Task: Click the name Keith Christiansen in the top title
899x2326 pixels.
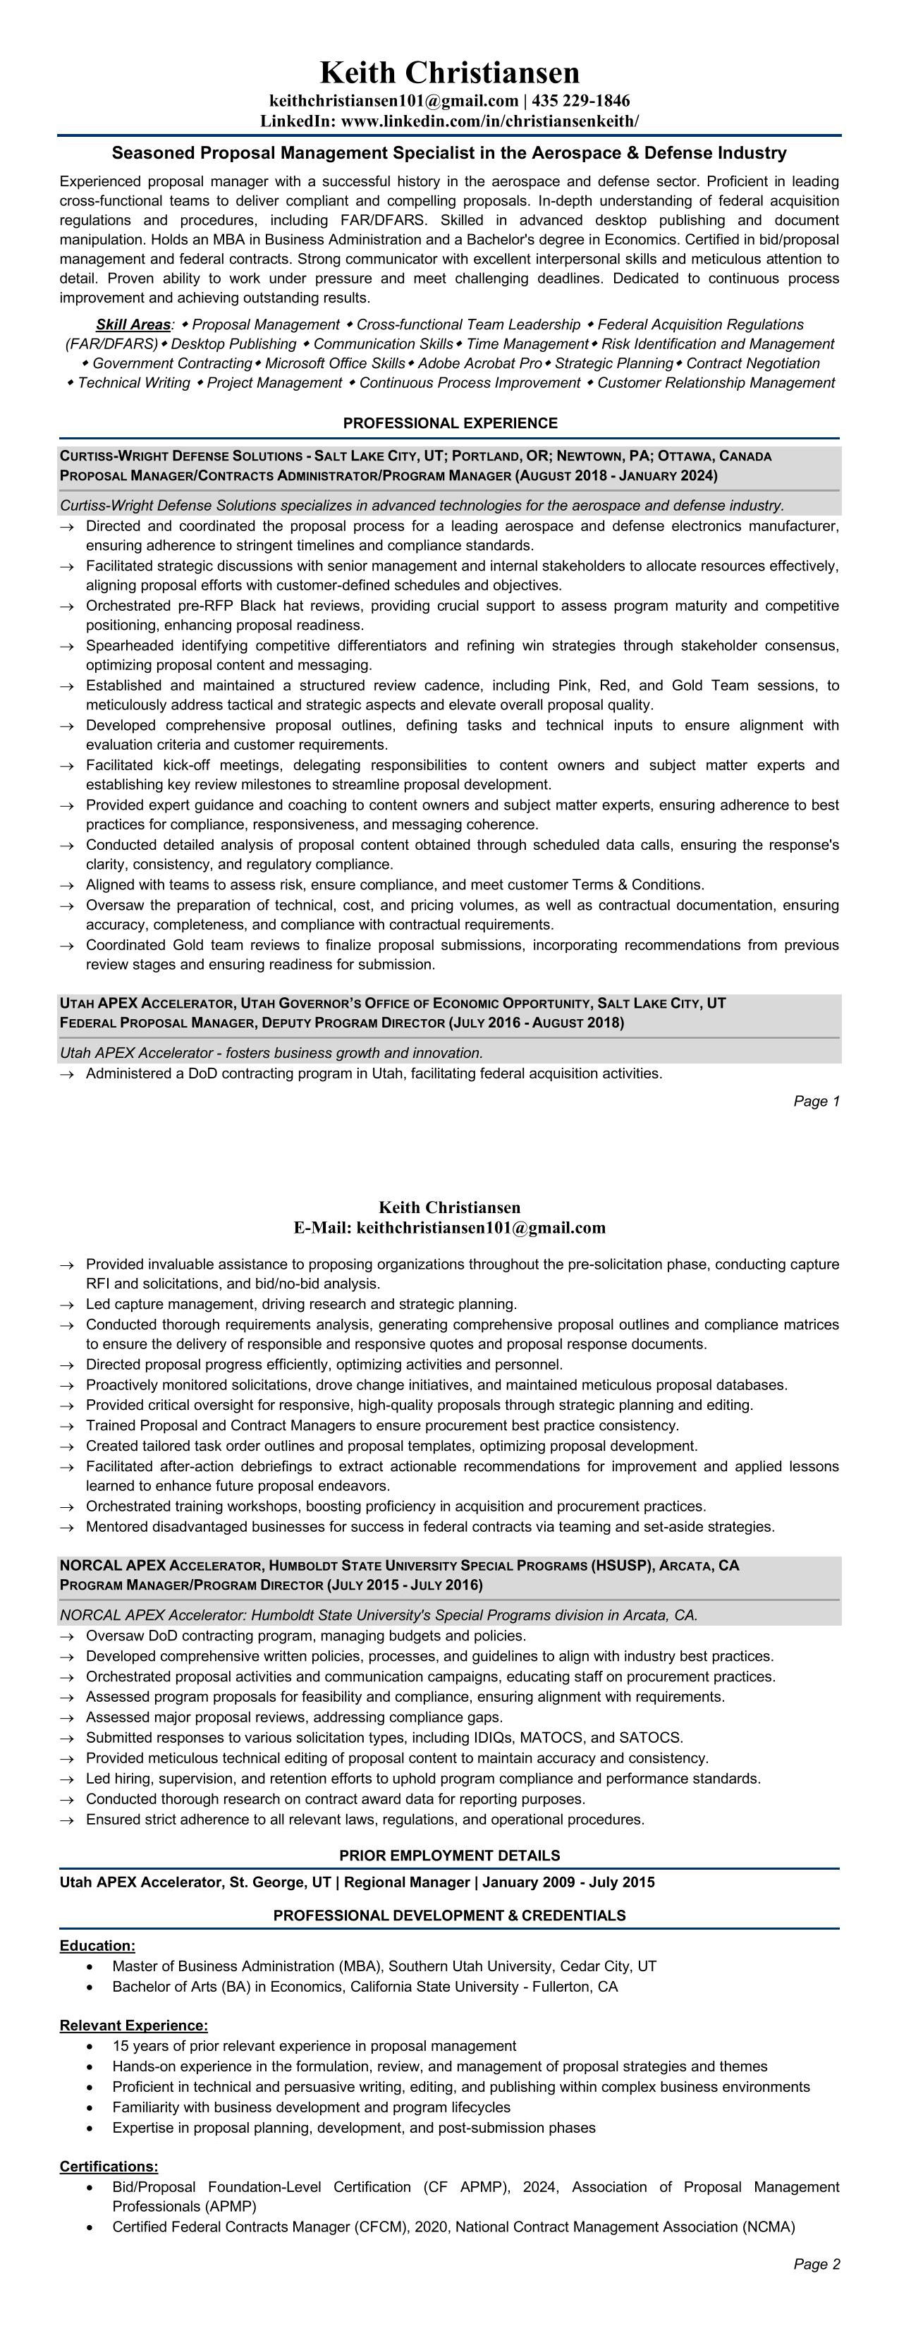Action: [x=450, y=72]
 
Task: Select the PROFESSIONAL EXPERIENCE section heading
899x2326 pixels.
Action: [x=450, y=422]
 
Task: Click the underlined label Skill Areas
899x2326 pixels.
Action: [x=133, y=324]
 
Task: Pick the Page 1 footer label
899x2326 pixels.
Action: [x=816, y=1101]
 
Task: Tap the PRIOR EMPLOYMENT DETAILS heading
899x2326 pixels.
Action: [x=450, y=1856]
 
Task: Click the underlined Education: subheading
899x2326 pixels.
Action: [x=97, y=1946]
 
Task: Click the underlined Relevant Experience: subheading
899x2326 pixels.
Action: [x=133, y=2026]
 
